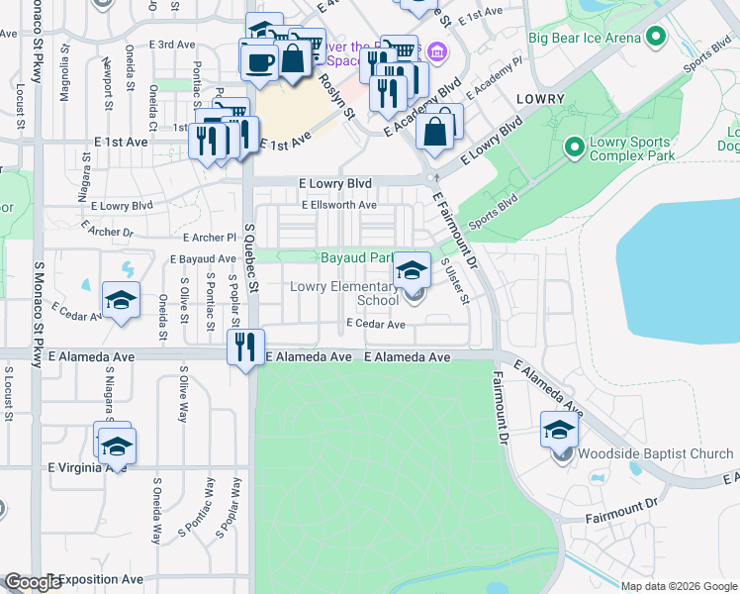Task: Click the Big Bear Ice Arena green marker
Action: (x=654, y=38)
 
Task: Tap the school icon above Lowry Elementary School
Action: (x=412, y=270)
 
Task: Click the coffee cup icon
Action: (x=260, y=60)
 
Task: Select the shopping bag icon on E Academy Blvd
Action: (x=437, y=130)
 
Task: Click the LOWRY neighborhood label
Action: (x=539, y=99)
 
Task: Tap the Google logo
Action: (x=32, y=581)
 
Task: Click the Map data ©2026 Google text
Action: (x=679, y=586)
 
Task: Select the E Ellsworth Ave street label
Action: (x=339, y=205)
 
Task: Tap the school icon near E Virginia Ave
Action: (x=117, y=447)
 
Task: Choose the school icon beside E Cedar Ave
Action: (x=121, y=300)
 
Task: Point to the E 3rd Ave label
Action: (x=173, y=45)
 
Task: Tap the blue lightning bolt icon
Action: (x=127, y=269)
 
